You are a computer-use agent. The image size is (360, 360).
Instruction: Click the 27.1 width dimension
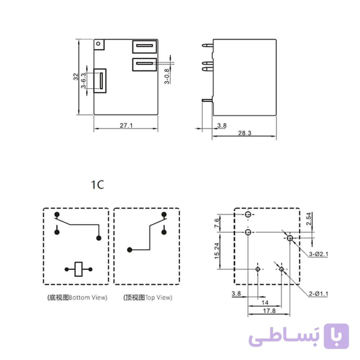pyautogui.click(x=126, y=125)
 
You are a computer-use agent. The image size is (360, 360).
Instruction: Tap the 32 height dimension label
pyautogui.click(x=76, y=77)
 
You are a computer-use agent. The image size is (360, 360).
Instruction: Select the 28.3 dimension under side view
pyautogui.click(x=244, y=133)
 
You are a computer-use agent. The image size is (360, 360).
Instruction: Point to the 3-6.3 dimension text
pyautogui.click(x=84, y=80)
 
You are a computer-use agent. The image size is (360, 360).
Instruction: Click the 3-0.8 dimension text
pyautogui.click(x=167, y=76)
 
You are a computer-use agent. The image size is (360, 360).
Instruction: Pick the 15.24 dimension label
pyautogui.click(x=217, y=251)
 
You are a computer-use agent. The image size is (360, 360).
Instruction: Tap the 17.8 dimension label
pyautogui.click(x=269, y=311)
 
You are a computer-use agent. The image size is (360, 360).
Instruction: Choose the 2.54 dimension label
pyautogui.click(x=309, y=219)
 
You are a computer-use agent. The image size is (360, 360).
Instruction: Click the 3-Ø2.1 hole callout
pyautogui.click(x=319, y=254)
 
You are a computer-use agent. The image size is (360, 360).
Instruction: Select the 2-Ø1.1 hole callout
pyautogui.click(x=319, y=294)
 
